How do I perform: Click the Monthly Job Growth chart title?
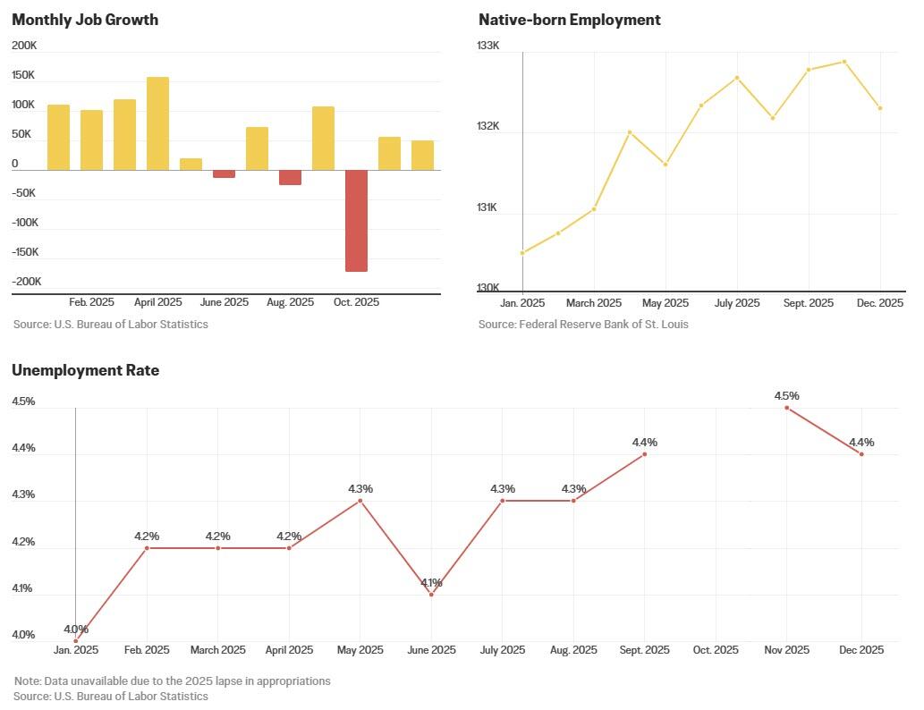[85, 20]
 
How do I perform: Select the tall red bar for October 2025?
[356, 220]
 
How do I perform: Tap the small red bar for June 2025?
[224, 173]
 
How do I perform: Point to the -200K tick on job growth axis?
[26, 282]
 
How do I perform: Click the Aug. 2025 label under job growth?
[290, 302]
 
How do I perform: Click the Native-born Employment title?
[570, 20]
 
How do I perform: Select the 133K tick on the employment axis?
[487, 46]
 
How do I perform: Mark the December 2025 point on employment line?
[880, 108]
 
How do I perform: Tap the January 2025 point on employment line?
[522, 253]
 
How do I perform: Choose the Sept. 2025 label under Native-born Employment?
[809, 303]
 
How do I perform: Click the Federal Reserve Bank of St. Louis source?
[583, 324]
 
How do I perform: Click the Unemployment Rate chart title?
[86, 370]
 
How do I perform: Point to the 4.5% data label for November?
[787, 395]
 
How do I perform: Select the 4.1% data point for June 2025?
[432, 595]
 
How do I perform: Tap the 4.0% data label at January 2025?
[76, 630]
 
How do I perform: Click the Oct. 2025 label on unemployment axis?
[716, 650]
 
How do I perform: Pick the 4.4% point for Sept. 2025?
[645, 454]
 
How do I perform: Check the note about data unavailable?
[173, 681]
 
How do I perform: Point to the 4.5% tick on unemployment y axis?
[23, 401]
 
